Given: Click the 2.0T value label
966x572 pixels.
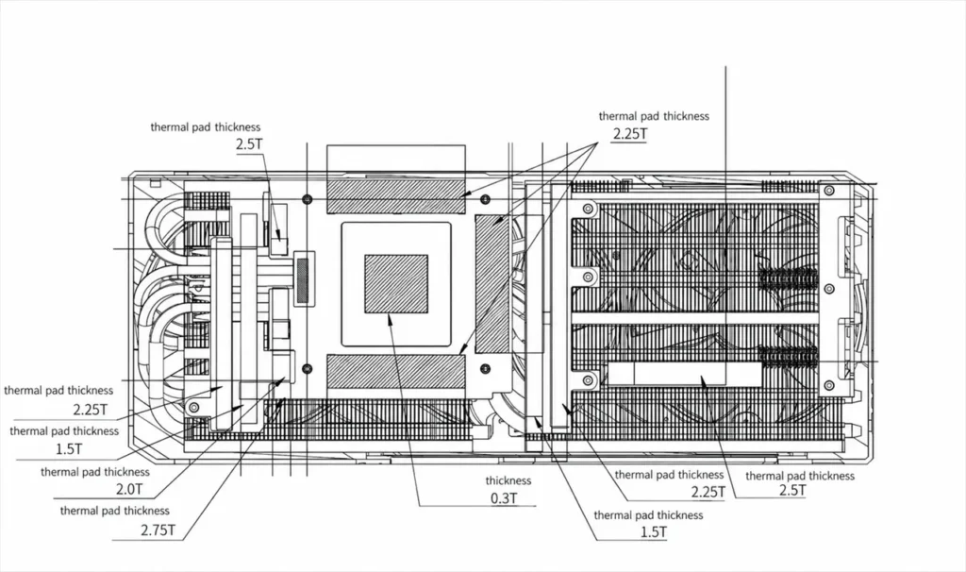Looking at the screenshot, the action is [128, 489].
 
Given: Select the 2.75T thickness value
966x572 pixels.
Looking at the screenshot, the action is [158, 530].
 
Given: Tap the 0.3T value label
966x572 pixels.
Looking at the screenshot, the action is [504, 498].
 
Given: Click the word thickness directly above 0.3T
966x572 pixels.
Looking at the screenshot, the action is [508, 480].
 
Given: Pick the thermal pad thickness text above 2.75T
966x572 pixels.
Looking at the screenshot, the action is [114, 511].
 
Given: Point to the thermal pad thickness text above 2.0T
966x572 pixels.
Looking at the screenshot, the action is [95, 472].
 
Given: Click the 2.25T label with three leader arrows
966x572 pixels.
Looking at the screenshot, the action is [630, 134].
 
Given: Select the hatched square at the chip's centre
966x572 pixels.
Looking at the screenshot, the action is [396, 283].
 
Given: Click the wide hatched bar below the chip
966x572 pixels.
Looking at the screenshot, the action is [395, 371].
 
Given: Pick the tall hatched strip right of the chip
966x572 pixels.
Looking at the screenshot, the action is [492, 283].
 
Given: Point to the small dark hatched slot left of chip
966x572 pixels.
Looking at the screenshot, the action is [303, 278].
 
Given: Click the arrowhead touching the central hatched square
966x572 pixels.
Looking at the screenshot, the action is [390, 319].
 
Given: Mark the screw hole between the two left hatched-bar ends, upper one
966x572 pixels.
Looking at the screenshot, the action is [308, 199].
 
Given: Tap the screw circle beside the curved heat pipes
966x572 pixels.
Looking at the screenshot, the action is [194, 407].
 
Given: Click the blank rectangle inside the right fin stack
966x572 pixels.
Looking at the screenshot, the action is [685, 374].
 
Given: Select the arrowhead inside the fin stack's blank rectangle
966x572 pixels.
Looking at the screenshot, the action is [704, 380].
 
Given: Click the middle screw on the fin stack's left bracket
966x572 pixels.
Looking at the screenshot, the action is [589, 277].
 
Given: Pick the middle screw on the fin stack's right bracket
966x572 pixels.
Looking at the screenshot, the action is [829, 289].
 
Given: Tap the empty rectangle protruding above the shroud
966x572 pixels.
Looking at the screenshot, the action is [395, 160].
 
